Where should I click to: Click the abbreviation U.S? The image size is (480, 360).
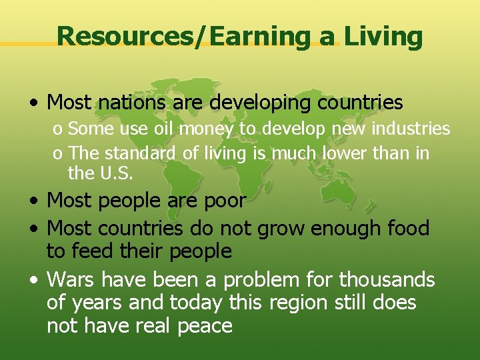(115, 174)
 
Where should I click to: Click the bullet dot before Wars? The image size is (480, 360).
(33, 280)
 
